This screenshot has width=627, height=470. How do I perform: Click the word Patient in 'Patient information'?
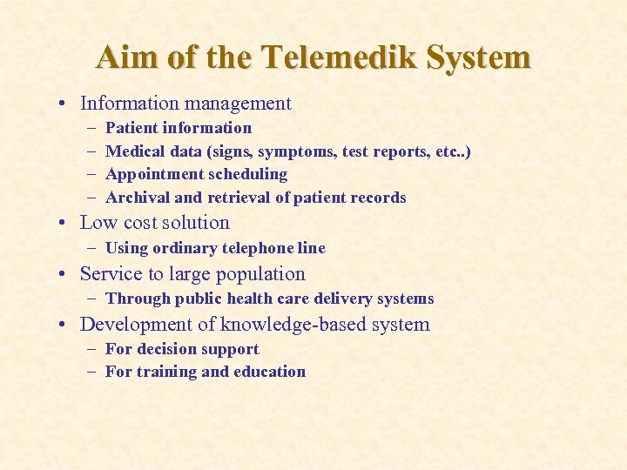point(131,128)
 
